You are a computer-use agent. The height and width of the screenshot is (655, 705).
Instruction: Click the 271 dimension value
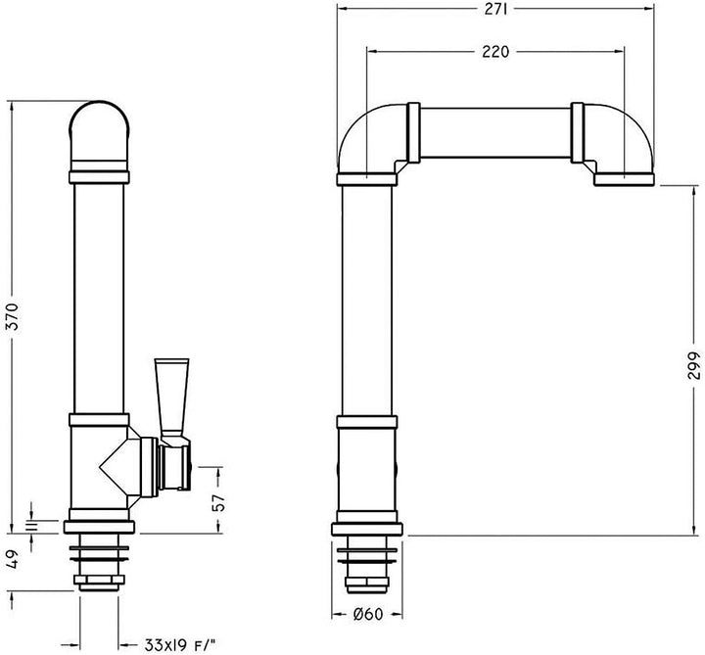(x=495, y=9)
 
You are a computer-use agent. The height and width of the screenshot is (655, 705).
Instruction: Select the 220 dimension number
(x=495, y=52)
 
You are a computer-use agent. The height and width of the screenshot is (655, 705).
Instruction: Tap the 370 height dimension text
(x=14, y=316)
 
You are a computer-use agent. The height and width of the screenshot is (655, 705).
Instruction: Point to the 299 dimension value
(x=694, y=365)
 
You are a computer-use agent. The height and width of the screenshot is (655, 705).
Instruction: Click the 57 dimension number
(x=217, y=502)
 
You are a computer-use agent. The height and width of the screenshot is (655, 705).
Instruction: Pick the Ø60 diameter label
(x=368, y=614)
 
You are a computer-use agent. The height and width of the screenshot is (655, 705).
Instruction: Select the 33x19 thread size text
(x=180, y=645)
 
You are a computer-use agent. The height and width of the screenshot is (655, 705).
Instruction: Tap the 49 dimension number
(x=14, y=558)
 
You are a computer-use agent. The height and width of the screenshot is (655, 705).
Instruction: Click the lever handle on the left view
(x=171, y=397)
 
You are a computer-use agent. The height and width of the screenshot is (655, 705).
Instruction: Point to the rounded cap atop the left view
(x=99, y=130)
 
